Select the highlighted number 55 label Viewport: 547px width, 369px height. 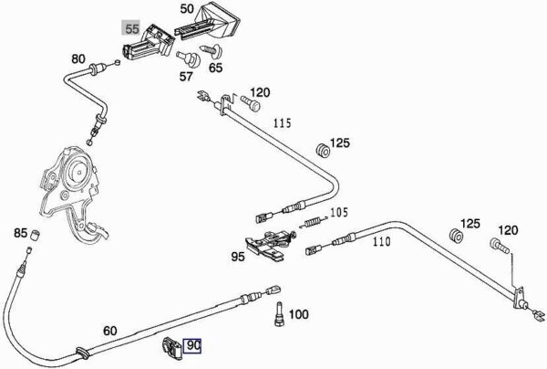(x=132, y=28)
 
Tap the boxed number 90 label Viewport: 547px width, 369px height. (x=194, y=346)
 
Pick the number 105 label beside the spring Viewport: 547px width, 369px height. (x=338, y=213)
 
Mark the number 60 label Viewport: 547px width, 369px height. (x=109, y=331)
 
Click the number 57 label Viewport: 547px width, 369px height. (x=186, y=76)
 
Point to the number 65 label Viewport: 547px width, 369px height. (x=215, y=67)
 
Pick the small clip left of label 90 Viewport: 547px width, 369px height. (x=171, y=345)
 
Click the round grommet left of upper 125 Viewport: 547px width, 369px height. (x=322, y=148)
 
